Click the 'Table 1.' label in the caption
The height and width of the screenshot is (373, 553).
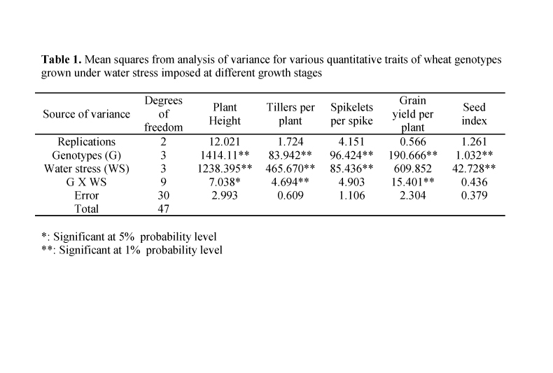(62, 60)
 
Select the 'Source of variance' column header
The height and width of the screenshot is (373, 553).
(87, 114)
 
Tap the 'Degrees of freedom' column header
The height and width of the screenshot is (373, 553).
(163, 114)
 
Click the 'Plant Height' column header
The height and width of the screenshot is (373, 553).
(225, 114)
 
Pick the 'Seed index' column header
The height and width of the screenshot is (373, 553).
(474, 114)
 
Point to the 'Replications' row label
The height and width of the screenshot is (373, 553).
(87, 142)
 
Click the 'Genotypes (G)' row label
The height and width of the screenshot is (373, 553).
(87, 155)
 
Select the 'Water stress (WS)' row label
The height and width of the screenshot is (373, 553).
(87, 169)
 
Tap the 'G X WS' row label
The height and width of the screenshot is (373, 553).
(87, 182)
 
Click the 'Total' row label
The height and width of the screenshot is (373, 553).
(87, 209)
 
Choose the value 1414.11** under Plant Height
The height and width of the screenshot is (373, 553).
(225, 155)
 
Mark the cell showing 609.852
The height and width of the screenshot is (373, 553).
(413, 169)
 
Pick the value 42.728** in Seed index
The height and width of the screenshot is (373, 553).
(474, 169)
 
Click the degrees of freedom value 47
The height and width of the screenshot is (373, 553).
(163, 209)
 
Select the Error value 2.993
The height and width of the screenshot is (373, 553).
(225, 195)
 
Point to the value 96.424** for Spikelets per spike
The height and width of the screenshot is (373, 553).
(352, 155)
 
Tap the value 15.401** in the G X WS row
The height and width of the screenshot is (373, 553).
(413, 182)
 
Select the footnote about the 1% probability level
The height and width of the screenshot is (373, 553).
(131, 249)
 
